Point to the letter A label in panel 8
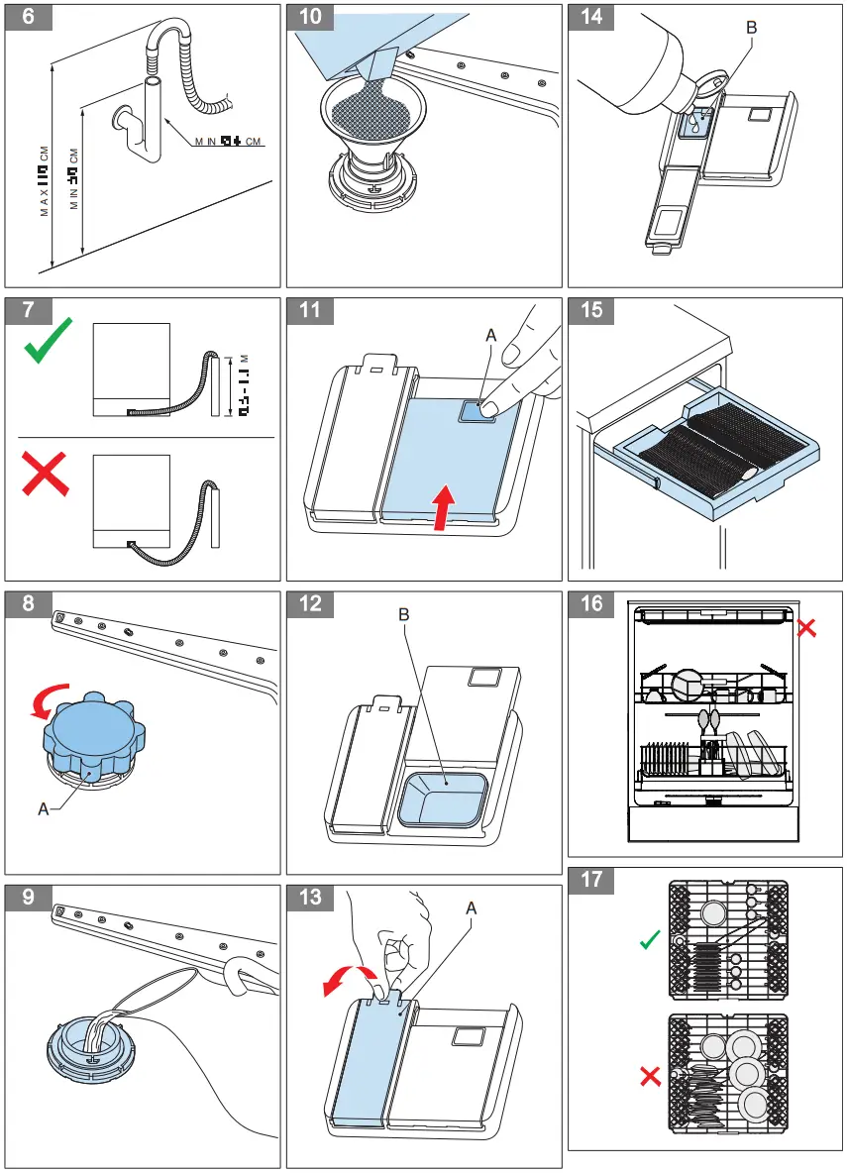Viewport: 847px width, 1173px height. pos(43,809)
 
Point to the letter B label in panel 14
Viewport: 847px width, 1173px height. pos(750,29)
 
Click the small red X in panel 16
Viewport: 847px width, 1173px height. pos(806,627)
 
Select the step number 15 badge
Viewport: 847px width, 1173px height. pos(591,310)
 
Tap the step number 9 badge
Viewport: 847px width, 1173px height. pos(30,896)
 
